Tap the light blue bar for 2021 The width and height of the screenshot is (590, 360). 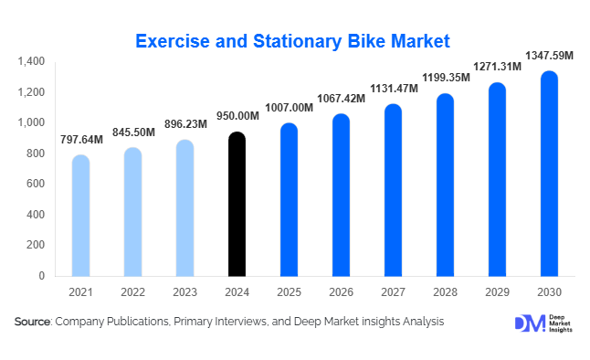coord(81,216)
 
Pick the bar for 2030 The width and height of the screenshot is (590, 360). coord(548,174)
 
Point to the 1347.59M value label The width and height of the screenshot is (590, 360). coord(548,57)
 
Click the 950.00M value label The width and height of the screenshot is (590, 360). coord(237,118)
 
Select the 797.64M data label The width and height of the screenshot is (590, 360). coord(81,140)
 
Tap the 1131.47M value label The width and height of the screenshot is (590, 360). coord(393,89)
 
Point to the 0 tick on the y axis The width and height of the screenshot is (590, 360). coord(41,275)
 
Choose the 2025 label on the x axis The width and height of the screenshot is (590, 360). coord(289,292)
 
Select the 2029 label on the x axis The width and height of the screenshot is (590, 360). coord(496,292)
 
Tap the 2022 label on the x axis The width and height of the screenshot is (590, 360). coord(133,292)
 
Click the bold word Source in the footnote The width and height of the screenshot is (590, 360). coord(33,322)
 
